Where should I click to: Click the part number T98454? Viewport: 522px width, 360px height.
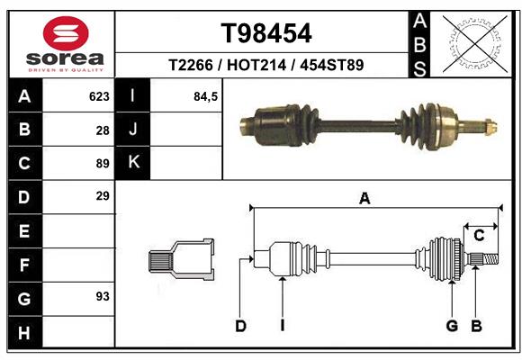266,33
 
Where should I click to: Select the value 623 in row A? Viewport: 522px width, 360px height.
99,96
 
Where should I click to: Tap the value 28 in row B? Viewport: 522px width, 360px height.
102,130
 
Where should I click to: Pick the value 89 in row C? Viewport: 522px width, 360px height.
102,164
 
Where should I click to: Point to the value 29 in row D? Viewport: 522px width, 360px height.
102,196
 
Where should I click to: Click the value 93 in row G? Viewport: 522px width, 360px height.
102,296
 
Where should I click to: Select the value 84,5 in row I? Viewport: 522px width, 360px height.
206,96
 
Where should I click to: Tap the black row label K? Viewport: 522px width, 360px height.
133,163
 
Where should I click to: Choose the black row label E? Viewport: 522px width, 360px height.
24,231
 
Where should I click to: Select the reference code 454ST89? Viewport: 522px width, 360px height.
332,66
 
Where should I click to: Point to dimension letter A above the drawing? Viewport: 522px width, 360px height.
364,199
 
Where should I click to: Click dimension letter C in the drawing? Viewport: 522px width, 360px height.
479,235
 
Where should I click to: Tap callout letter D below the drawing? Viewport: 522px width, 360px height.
240,326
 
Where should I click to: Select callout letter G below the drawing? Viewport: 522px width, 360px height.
452,326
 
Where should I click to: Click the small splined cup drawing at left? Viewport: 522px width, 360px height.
181,260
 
